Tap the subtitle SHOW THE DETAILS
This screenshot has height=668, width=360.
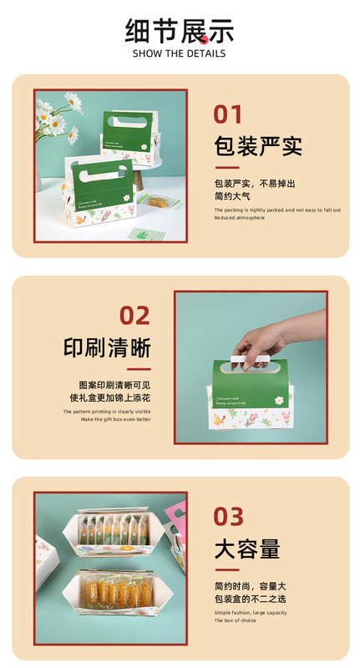[180, 53]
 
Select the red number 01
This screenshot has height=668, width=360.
[228, 114]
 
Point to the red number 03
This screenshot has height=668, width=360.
[228, 516]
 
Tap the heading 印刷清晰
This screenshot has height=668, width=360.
[107, 347]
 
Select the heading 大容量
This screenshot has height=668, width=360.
[246, 549]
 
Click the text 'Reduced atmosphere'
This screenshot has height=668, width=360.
[240, 218]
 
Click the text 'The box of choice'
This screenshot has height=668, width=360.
[236, 620]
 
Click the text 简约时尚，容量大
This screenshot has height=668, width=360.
[251, 585]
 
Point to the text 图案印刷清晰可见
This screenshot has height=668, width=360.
[114, 385]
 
